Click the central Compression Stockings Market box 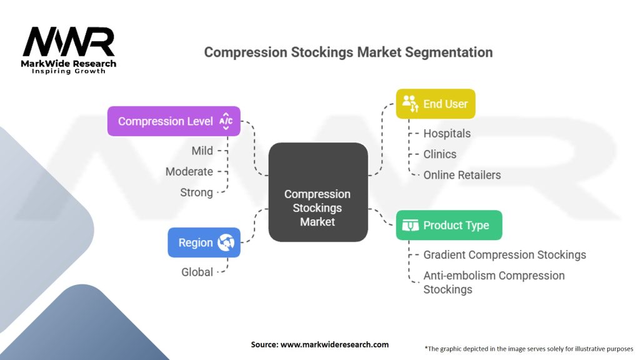[x=317, y=192]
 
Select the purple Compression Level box [x=174, y=121]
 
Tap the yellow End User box [x=436, y=104]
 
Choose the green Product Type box [x=449, y=225]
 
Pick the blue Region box [x=204, y=242]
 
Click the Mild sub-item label [x=202, y=151]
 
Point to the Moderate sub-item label [x=189, y=171]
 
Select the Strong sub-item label [x=196, y=192]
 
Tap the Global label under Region [x=197, y=272]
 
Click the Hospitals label [x=447, y=133]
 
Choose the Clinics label [x=440, y=154]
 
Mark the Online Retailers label [x=462, y=175]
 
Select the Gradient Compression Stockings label [x=504, y=254]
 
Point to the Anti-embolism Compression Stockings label [x=494, y=282]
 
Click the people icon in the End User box [x=410, y=104]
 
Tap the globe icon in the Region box [x=226, y=242]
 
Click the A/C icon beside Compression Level [x=226, y=121]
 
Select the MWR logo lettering [x=69, y=42]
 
